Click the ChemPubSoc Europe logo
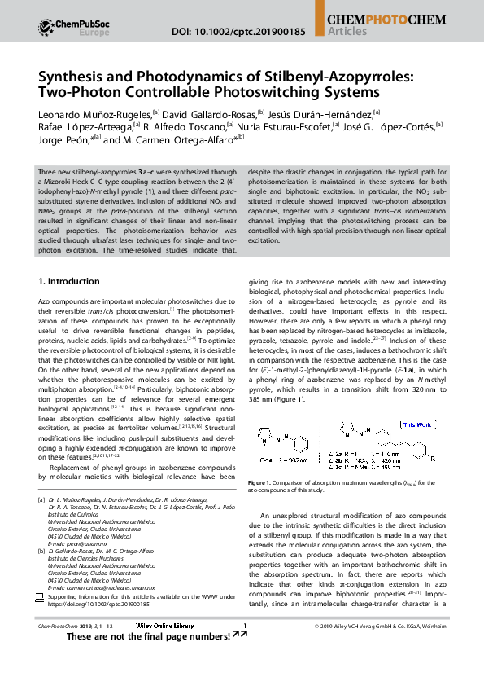click(x=70, y=27)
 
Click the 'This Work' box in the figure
click(x=417, y=424)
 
